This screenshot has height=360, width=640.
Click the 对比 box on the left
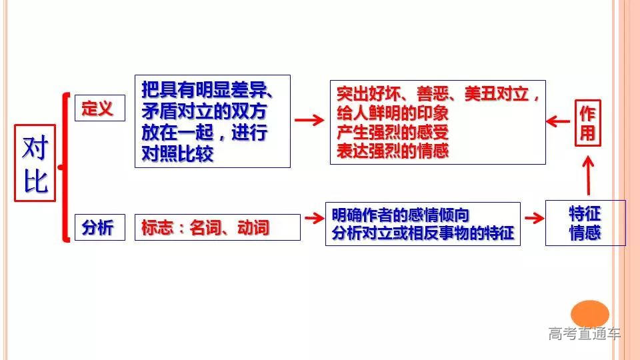pyautogui.click(x=35, y=163)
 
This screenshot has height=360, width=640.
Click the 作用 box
pyautogui.click(x=587, y=122)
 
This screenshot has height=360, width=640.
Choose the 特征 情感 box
pyautogui.click(x=585, y=223)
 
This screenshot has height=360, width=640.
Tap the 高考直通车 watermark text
pyautogui.click(x=584, y=333)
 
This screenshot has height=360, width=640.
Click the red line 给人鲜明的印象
pyautogui.click(x=393, y=113)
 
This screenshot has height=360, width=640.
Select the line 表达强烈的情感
pyautogui.click(x=393, y=151)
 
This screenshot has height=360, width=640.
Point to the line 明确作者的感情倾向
pyautogui.click(x=401, y=215)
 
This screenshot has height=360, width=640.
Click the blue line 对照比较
pyautogui.click(x=177, y=154)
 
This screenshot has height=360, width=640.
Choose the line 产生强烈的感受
pyautogui.click(x=393, y=132)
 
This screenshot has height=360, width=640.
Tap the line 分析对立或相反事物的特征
pyautogui.click(x=423, y=233)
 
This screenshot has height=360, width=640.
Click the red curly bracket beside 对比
pyautogui.click(x=65, y=167)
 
